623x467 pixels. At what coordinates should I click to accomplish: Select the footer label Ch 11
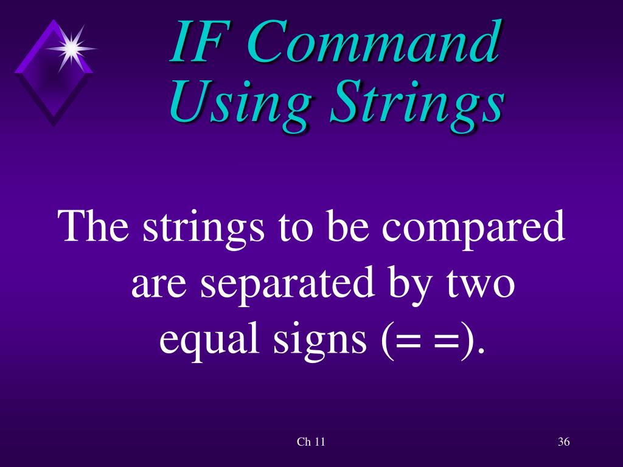tap(311, 442)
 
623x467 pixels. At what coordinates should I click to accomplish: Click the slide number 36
tap(563, 442)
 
